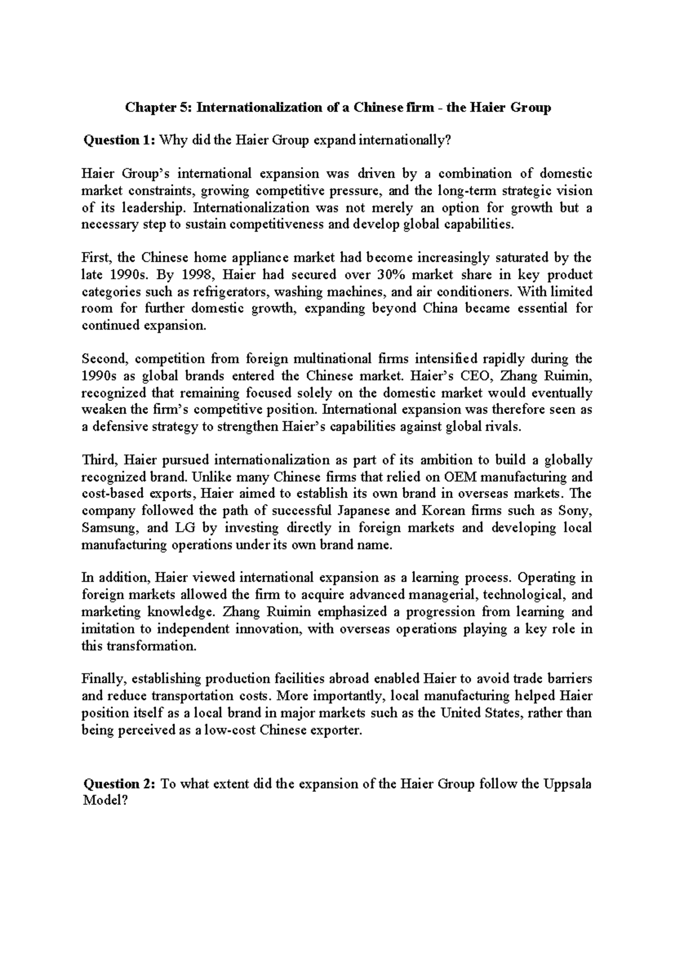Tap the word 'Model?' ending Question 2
102,800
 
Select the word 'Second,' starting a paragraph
105,359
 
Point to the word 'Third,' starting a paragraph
99,460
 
